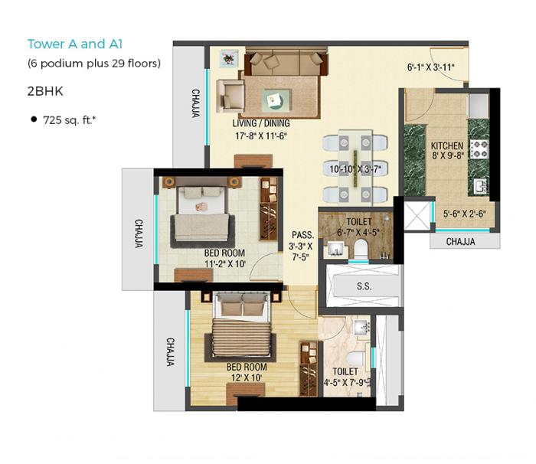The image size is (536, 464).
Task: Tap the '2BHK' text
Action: (43, 90)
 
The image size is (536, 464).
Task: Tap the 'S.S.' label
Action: (364, 286)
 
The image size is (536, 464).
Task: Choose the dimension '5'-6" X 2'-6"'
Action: (464, 215)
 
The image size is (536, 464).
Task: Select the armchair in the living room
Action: (230, 95)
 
